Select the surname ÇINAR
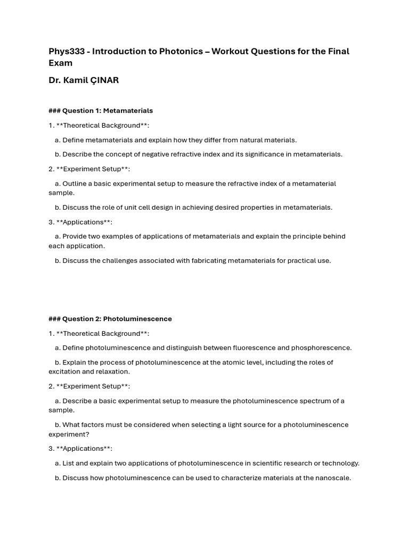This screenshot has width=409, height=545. click(x=101, y=80)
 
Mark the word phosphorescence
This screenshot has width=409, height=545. click(x=321, y=348)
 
